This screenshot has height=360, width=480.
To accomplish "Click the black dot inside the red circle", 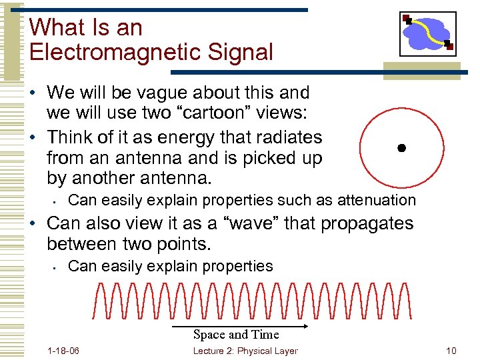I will point(401,148).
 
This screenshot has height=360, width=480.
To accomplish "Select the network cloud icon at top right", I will point(427,33).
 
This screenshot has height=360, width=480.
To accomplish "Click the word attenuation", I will point(377,200).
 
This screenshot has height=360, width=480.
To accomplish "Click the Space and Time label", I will point(236,335).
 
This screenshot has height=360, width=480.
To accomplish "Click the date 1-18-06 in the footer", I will point(64,351).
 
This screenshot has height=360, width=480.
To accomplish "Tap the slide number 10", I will point(451,351).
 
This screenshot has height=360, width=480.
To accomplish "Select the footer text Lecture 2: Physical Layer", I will point(245,351).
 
